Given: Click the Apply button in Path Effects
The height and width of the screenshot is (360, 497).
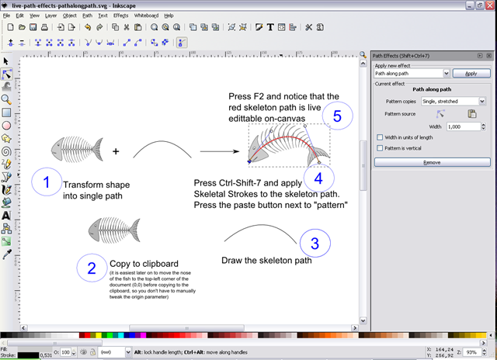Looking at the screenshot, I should point(471,73).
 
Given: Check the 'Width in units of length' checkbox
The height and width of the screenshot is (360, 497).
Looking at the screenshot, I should point(379,137).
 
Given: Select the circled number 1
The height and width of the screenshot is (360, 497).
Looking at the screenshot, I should point(47,183).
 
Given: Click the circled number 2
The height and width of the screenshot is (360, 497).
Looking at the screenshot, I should point(91,268).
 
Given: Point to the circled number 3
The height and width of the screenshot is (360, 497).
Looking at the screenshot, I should point(314,244).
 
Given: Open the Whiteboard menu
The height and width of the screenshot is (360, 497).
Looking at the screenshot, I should point(146,15).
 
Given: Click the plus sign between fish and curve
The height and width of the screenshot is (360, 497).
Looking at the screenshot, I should point(116,151).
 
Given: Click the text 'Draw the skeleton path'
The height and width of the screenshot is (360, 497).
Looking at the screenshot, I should point(266,260).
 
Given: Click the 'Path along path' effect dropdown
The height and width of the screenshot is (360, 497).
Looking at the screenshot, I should point(412,73).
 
